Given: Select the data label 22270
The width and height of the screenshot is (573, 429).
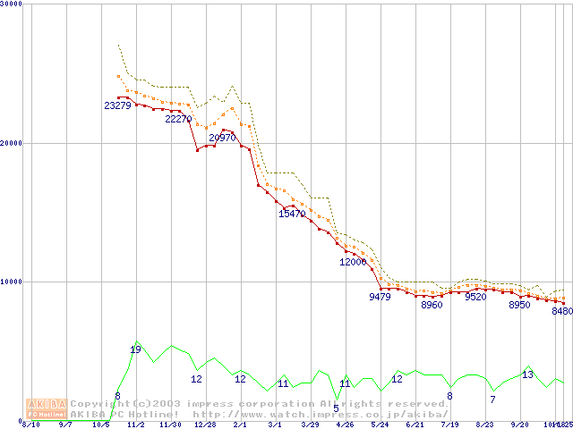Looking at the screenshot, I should pos(178,119).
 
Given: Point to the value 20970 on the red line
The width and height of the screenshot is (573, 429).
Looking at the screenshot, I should pos(222,138).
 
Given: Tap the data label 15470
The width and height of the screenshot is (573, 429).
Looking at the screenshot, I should pos(292,214).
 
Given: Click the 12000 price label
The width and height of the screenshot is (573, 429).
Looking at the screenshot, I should pos(353,262).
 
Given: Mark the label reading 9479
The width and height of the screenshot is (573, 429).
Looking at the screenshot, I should pos(380,297).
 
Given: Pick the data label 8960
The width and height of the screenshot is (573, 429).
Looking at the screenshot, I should pos(432,305).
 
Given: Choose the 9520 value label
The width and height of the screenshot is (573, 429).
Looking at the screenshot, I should pos(475,297).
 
